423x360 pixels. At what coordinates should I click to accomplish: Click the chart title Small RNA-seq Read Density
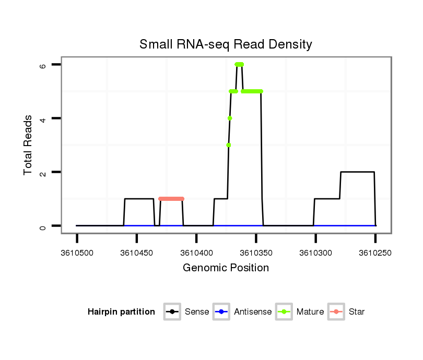(x=226, y=44)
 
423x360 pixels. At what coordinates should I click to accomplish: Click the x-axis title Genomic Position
(x=226, y=268)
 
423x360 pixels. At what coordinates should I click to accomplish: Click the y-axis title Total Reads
(x=28, y=145)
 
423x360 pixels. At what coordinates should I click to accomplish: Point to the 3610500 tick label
(x=77, y=253)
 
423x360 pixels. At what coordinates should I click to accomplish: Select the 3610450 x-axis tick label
(x=136, y=253)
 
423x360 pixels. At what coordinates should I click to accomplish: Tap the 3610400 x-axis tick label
(x=196, y=253)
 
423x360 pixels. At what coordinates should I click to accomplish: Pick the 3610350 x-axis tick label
(x=256, y=253)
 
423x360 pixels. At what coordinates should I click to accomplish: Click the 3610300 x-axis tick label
(x=315, y=253)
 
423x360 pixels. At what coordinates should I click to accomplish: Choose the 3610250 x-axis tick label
(x=375, y=253)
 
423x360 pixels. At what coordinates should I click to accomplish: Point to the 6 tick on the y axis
(x=43, y=65)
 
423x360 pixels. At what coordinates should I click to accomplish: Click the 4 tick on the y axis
(x=43, y=118)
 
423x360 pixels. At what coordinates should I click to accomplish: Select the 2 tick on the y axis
(x=43, y=172)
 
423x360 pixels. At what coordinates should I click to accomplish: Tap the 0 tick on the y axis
(x=43, y=226)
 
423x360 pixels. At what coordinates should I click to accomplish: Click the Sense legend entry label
(x=197, y=312)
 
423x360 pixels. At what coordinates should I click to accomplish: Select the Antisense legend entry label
(x=253, y=312)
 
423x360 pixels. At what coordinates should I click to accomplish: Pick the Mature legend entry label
(x=310, y=312)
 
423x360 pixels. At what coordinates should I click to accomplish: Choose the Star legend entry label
(x=357, y=312)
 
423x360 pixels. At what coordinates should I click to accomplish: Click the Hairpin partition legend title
(x=121, y=312)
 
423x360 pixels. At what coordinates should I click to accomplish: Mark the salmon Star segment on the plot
(x=171, y=199)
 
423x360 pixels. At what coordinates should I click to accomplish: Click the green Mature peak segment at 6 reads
(x=239, y=65)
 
